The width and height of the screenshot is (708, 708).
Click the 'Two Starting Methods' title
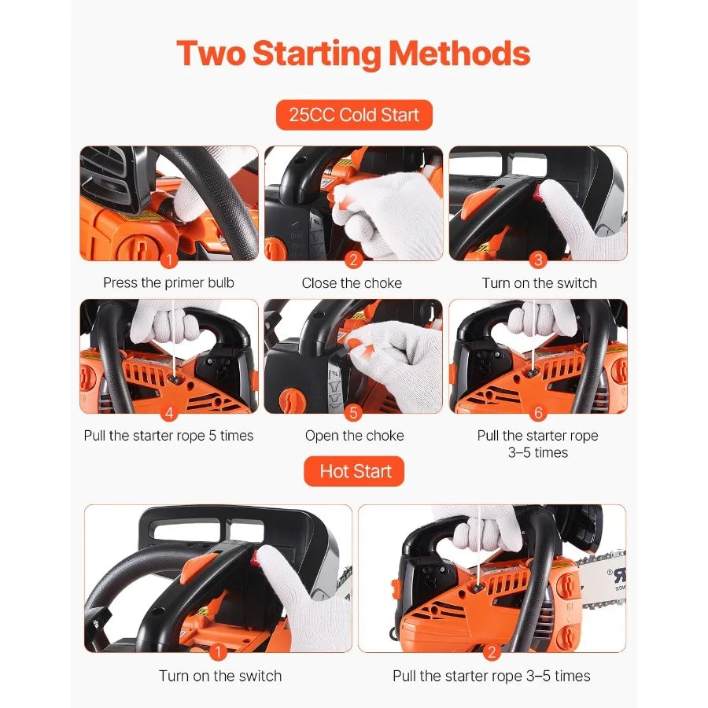(353, 53)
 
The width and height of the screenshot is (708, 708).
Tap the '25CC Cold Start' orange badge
(354, 115)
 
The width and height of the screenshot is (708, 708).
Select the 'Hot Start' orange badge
(355, 471)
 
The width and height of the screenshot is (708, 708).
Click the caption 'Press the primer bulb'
(168, 282)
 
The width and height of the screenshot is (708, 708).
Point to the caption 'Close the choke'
(352, 282)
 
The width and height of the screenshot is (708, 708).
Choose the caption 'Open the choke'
(354, 435)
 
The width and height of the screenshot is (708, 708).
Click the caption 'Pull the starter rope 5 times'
(168, 435)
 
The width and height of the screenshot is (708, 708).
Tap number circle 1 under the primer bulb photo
(168, 260)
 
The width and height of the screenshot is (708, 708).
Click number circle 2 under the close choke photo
(353, 260)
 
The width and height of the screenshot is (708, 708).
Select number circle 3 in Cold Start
(538, 260)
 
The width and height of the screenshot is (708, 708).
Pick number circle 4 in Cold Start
(168, 413)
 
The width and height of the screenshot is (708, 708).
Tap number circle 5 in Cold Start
(353, 413)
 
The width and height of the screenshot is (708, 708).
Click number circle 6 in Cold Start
(538, 413)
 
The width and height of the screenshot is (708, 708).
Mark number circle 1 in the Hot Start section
(219, 651)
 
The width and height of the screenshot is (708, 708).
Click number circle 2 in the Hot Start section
(492, 651)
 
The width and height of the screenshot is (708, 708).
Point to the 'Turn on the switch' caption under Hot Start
(219, 676)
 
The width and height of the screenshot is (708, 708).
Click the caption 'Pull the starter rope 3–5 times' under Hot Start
(492, 676)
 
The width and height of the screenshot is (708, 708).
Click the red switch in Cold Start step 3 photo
(537, 190)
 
